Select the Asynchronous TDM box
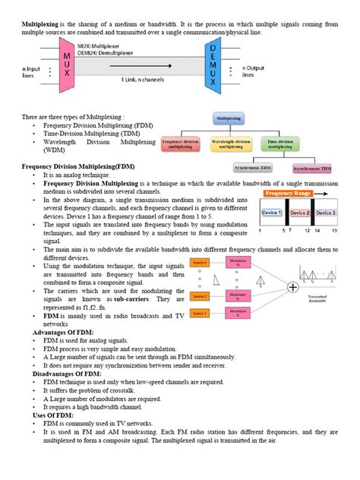tap(314, 168)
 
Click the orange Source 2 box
tap(200, 296)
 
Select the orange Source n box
tap(200, 263)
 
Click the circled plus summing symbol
tap(293, 288)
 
